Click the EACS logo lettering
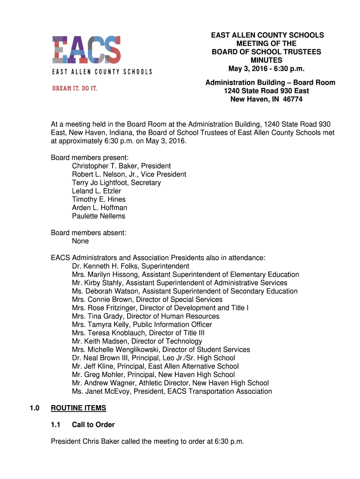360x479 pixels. [x=86, y=50]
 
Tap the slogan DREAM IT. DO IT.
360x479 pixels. [x=75, y=88]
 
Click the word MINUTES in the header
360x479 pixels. [x=266, y=60]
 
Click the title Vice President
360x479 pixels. [x=164, y=174]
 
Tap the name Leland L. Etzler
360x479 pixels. [x=96, y=191]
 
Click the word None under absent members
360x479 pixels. [x=80, y=241]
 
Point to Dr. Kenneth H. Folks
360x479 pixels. [x=101, y=266]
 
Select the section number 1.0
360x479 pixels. [x=34, y=408]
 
